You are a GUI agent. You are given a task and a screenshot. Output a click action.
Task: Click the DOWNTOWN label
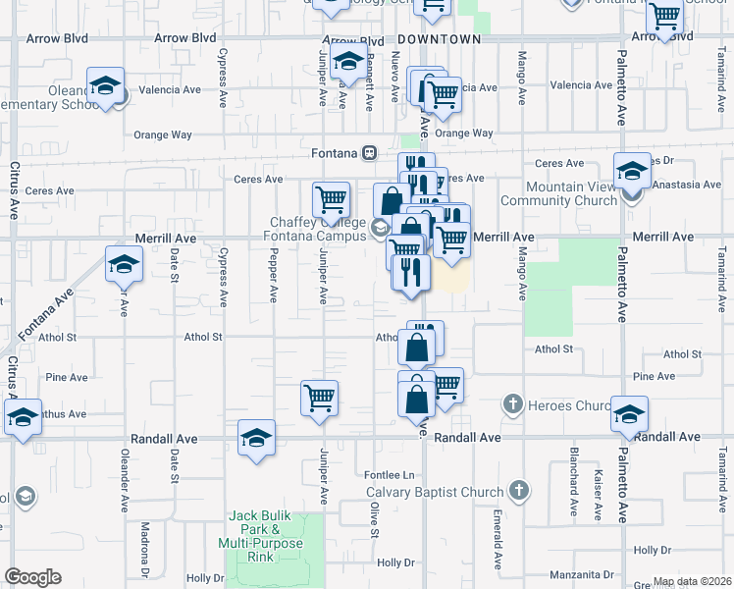440,39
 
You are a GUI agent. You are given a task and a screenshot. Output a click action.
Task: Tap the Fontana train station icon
370,153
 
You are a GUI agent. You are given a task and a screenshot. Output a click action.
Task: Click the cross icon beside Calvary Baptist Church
519,490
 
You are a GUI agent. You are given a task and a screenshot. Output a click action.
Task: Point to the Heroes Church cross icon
511,403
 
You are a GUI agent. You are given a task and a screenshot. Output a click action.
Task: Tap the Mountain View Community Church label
558,193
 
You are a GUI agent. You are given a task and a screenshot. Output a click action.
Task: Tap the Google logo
32,577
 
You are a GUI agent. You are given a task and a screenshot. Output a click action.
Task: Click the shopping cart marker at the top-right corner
665,17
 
